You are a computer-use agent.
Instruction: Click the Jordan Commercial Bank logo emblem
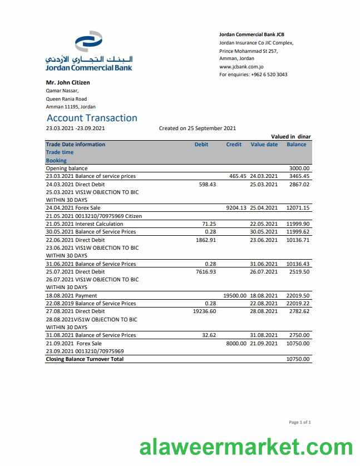pos(88,43)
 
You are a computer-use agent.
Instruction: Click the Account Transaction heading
pos(92,118)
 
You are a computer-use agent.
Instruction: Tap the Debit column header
pos(201,145)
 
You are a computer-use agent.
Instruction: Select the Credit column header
pos(234,145)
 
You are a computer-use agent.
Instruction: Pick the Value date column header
pos(264,145)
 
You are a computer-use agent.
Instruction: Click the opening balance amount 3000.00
pos(299,168)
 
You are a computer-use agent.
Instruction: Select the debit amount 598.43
pos(207,184)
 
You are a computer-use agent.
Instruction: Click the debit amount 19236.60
pos(204,312)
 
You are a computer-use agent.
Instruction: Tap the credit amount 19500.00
pos(235,296)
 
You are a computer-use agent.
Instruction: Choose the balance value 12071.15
pos(298,208)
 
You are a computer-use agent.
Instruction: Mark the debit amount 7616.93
pos(206,272)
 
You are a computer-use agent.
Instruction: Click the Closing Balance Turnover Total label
pos(85,360)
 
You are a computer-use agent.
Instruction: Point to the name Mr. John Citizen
pos(67,82)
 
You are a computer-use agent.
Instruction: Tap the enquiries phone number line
pos(253,75)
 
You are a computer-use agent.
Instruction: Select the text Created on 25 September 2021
pos(198,128)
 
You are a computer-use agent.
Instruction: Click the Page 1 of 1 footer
pos(300,423)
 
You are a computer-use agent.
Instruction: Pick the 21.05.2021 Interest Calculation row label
pos(85,224)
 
